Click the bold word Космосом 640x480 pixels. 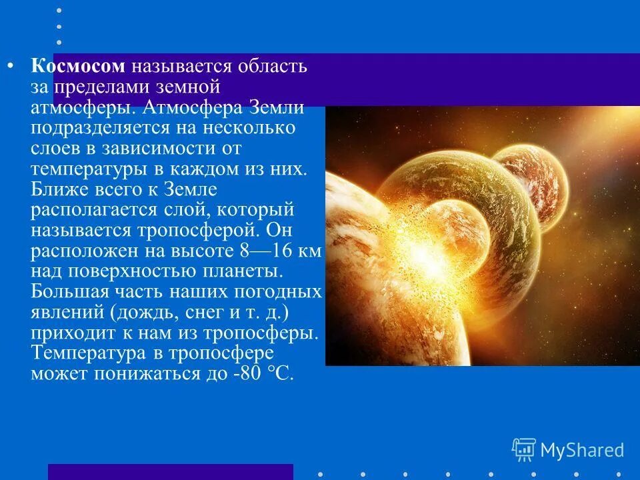click(78, 67)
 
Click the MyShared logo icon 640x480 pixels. click(523, 449)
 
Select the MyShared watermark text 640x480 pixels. click(581, 450)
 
